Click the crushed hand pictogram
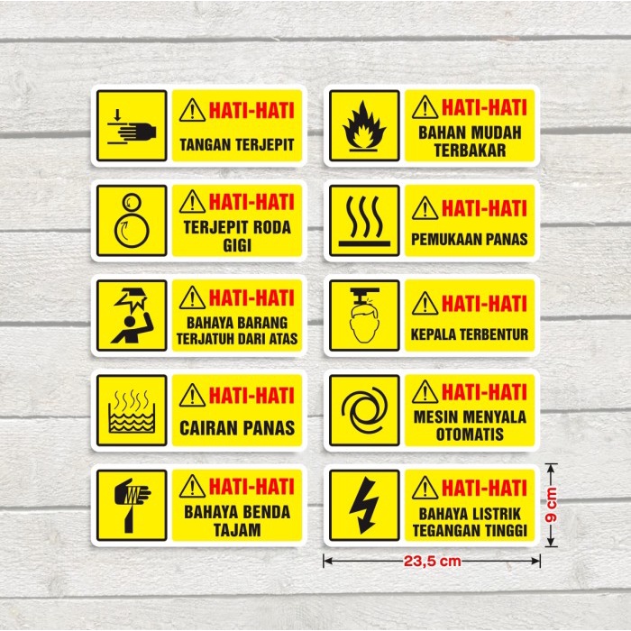[132, 126]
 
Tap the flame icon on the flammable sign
[364, 126]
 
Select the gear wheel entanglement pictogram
[132, 221]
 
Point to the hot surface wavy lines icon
[364, 221]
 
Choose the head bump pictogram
[364, 316]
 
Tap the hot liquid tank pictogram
[132, 411]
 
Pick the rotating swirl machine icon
[364, 411]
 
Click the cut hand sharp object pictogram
[132, 505]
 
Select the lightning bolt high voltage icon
[364, 505]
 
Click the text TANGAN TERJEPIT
[237, 144]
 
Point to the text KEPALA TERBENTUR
[470, 334]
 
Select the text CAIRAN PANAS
[237, 428]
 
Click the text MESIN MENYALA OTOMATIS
[470, 426]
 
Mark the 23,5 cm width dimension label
[432, 561]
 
